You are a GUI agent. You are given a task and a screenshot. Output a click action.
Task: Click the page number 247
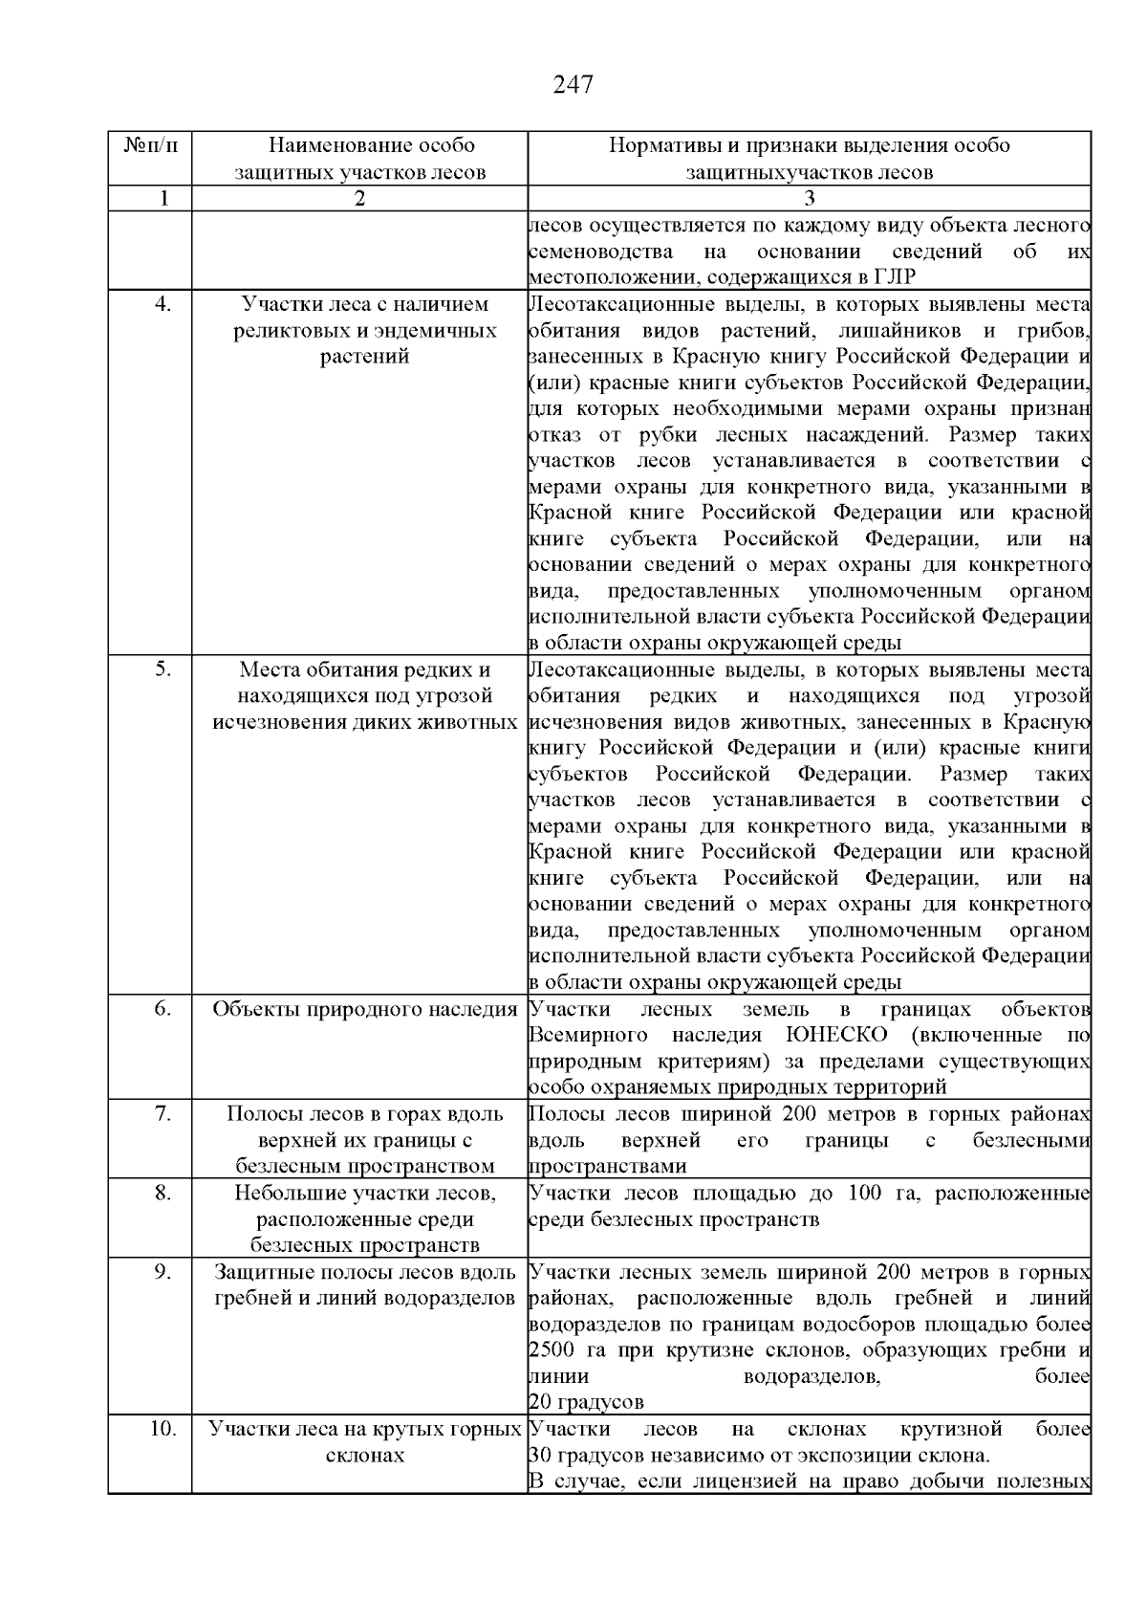(573, 85)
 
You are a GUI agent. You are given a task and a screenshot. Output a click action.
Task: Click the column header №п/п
(150, 146)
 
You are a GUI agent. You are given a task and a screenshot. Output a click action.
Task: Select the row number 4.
(163, 304)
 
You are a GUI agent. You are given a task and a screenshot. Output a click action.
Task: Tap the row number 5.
(163, 669)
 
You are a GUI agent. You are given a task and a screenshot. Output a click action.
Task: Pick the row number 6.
(163, 1009)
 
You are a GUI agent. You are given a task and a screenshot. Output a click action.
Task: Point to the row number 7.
(163, 1114)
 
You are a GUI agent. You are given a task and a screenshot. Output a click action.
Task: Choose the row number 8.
(163, 1193)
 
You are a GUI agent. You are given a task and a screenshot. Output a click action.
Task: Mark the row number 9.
(163, 1272)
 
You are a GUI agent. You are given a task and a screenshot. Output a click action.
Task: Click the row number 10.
(163, 1429)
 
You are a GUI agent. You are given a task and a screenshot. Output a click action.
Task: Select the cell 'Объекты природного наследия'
(364, 1009)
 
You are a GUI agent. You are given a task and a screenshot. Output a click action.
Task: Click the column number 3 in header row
(810, 199)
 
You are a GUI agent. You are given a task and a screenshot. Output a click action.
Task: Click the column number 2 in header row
(359, 199)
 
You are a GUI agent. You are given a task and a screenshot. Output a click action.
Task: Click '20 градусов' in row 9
(586, 1403)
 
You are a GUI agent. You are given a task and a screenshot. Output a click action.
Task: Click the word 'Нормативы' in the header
(661, 146)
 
